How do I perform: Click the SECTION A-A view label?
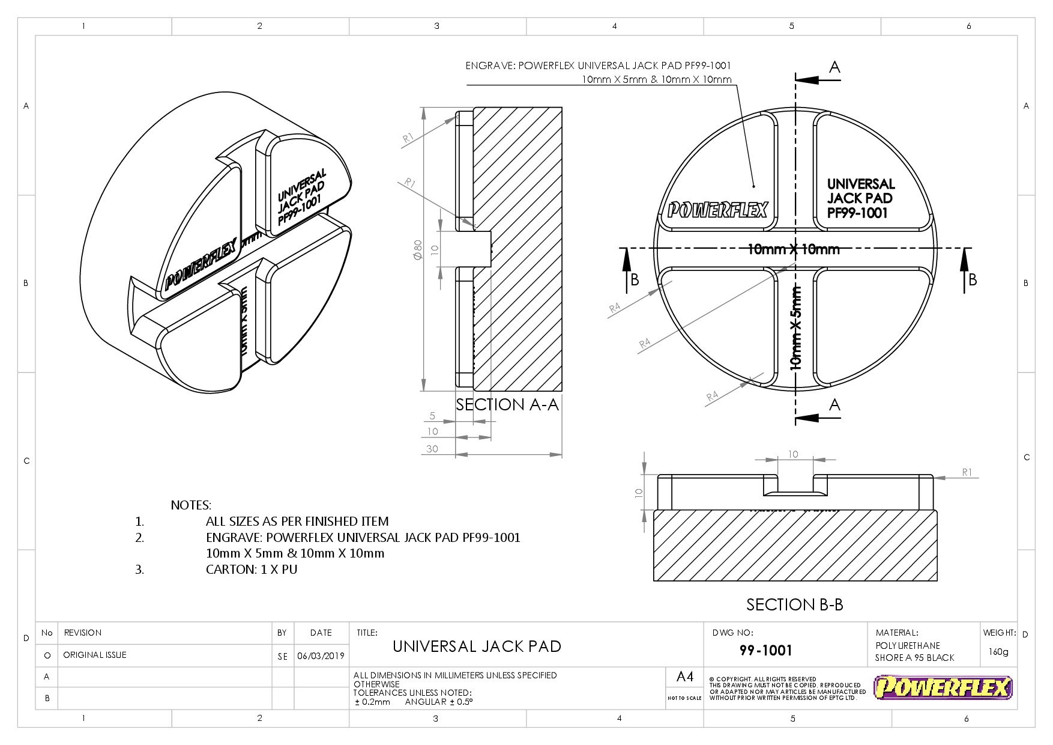pos(507,405)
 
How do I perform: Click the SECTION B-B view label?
pos(794,604)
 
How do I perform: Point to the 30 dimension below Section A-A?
pos(432,449)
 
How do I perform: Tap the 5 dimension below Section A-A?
pos(432,416)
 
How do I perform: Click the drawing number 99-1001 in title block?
pos(765,651)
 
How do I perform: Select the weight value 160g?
pos(998,652)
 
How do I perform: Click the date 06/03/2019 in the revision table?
pos(321,655)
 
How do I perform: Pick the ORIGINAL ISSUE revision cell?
pos(95,655)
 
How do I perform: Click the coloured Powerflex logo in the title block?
pos(943,687)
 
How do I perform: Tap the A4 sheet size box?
pos(685,677)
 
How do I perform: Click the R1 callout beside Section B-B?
pos(967,472)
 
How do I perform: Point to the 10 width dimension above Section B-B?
pos(793,454)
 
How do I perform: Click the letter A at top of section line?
pos(834,68)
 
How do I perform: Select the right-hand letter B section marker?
pos(972,279)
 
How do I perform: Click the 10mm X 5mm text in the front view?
pos(796,328)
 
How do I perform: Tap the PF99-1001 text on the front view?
pos(857,213)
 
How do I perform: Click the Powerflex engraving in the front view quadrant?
pos(717,210)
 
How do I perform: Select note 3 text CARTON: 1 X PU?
pos(252,570)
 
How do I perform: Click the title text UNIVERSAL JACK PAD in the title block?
pos(477,646)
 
